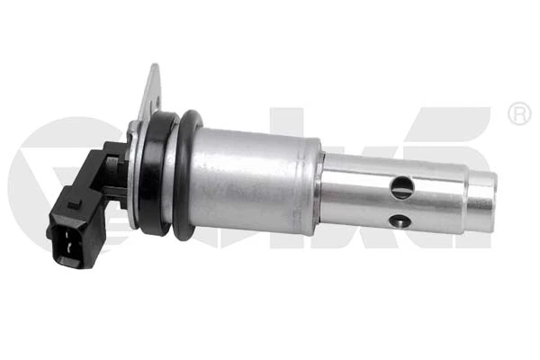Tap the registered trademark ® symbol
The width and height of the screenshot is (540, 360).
[519, 114]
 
